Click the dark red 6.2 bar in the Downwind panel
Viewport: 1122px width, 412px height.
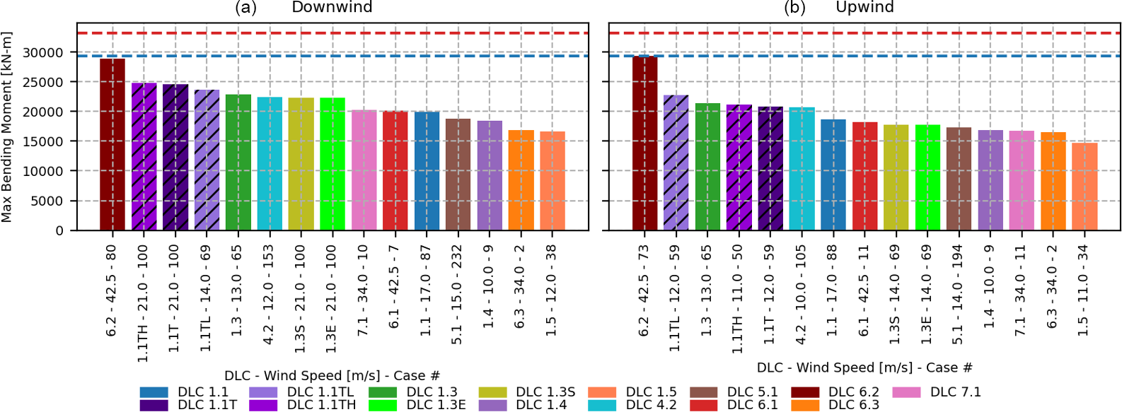[x=112, y=145]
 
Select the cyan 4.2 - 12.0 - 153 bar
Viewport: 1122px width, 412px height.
[x=270, y=164]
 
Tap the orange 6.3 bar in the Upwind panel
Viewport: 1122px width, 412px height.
[x=1053, y=182]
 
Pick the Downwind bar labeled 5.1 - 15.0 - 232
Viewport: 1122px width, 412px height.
[x=458, y=175]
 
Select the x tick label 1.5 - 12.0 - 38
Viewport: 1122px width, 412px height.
[x=552, y=290]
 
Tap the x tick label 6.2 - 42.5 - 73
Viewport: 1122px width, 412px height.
[x=644, y=290]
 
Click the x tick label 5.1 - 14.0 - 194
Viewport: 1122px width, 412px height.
[x=959, y=295]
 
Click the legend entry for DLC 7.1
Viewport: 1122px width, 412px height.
[x=955, y=392]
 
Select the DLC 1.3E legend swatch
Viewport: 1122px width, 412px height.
[x=383, y=405]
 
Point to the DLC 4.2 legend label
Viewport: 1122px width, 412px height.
[x=651, y=405]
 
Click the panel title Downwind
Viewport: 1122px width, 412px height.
[x=332, y=7]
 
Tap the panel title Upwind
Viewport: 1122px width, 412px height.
[x=864, y=7]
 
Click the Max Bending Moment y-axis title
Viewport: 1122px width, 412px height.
[x=7, y=127]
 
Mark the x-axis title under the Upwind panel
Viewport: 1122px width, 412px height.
[x=864, y=367]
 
